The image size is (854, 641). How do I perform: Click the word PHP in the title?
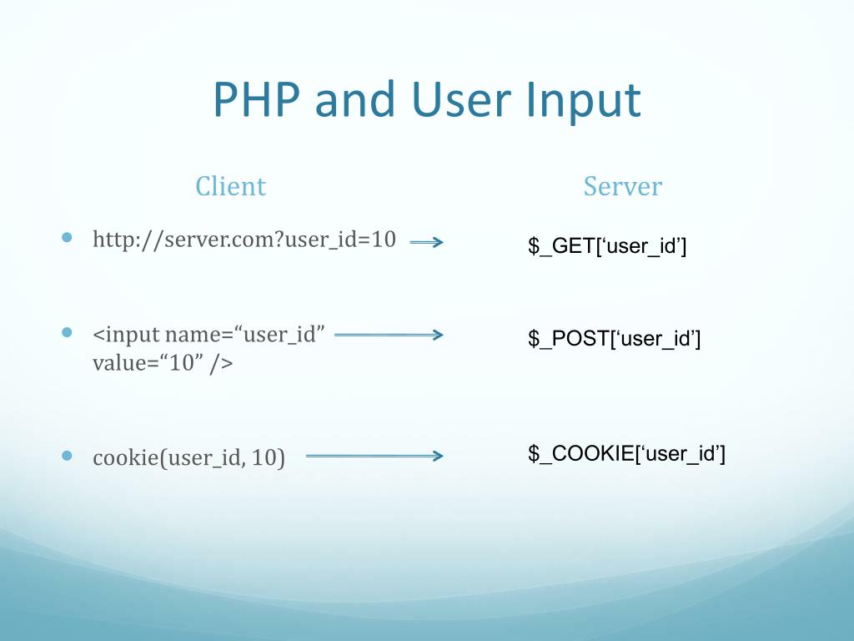[x=257, y=100]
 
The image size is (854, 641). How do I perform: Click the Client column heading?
[x=230, y=185]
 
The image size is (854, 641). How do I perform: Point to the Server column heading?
[x=622, y=185]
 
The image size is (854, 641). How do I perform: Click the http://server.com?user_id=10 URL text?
[x=244, y=240]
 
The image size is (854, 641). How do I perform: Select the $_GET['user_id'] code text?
[x=606, y=246]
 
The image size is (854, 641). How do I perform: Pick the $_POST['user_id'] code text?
[x=614, y=339]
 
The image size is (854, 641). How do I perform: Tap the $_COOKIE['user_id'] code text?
[x=626, y=454]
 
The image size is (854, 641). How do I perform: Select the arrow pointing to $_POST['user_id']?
[x=388, y=335]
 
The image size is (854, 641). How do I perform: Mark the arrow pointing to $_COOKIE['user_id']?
[x=374, y=456]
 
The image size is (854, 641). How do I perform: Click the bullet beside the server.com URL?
[x=68, y=238]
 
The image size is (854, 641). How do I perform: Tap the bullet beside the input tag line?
[x=68, y=332]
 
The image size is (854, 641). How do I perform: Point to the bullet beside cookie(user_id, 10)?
[x=68, y=456]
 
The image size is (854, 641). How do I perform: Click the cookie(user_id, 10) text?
[x=188, y=458]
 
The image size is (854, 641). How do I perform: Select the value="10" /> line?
[x=163, y=363]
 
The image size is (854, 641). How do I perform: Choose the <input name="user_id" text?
[x=208, y=335]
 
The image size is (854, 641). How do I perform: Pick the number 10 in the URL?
[x=384, y=240]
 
